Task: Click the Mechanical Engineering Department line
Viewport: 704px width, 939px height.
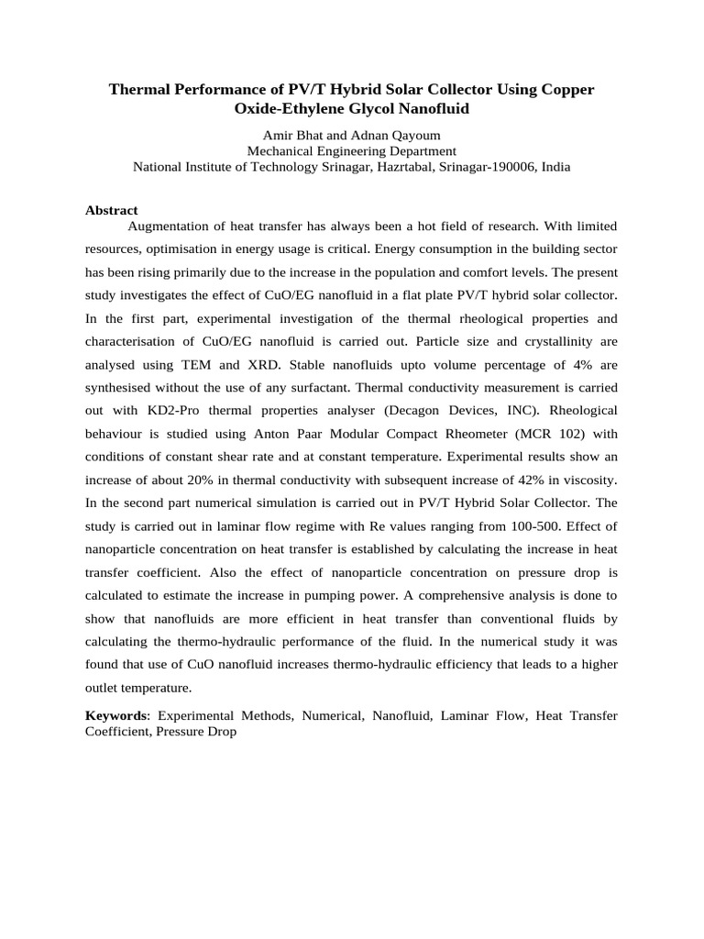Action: pyautogui.click(x=352, y=151)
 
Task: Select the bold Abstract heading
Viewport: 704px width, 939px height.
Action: pyautogui.click(x=112, y=210)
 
